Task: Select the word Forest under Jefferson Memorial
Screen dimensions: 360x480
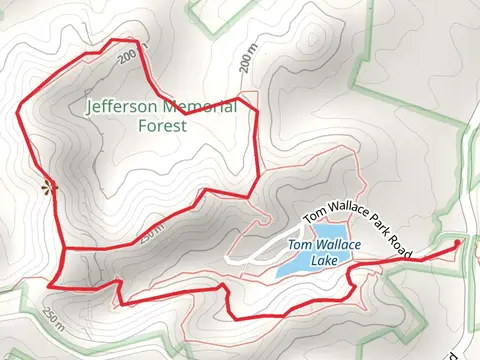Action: (x=162, y=125)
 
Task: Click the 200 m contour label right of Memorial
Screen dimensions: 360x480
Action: (x=248, y=62)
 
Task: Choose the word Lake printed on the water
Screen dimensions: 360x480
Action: (x=324, y=260)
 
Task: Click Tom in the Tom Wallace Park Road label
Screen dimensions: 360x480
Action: (x=314, y=213)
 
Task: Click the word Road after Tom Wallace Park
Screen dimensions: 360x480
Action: (x=399, y=249)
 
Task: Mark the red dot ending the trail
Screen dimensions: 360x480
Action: (x=458, y=243)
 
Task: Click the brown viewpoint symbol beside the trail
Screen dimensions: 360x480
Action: (x=46, y=185)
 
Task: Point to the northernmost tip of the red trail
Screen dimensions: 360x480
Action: (x=128, y=41)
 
